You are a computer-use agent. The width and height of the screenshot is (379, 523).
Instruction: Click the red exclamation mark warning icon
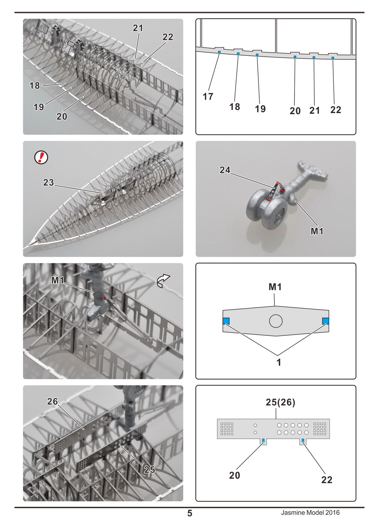tap(41, 157)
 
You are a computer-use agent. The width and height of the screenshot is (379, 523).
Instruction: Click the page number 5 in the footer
tap(190, 513)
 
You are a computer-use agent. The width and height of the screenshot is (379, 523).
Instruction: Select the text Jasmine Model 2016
tap(310, 513)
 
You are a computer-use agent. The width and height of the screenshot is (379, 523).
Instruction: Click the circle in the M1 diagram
tap(276, 321)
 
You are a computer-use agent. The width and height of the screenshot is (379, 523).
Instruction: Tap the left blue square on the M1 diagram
tap(226, 321)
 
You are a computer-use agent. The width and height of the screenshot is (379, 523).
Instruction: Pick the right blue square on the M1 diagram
tap(325, 321)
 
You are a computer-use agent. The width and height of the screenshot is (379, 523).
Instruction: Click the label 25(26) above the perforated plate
tap(280, 402)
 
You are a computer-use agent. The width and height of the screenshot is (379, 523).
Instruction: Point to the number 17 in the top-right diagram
tap(208, 96)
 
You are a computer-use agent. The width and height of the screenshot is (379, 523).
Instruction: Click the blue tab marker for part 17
tap(219, 52)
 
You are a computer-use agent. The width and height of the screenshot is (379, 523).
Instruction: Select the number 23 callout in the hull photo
tap(49, 182)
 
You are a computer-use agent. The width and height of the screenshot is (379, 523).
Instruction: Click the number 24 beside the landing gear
tap(225, 170)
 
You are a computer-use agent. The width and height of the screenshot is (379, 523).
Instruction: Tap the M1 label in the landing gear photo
tap(317, 231)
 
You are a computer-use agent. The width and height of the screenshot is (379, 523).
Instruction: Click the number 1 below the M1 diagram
tap(279, 362)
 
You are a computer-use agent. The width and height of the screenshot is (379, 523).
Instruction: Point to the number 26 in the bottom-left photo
tap(52, 401)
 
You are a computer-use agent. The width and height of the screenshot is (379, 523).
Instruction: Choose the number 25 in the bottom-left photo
tap(150, 469)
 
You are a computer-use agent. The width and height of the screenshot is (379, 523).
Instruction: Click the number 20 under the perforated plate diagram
tap(235, 475)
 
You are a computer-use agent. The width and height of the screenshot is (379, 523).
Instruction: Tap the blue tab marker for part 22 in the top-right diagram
tap(333, 58)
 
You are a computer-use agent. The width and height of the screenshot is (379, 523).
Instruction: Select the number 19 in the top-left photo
tap(39, 107)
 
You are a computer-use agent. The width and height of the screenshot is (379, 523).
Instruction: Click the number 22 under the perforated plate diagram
tap(327, 480)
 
